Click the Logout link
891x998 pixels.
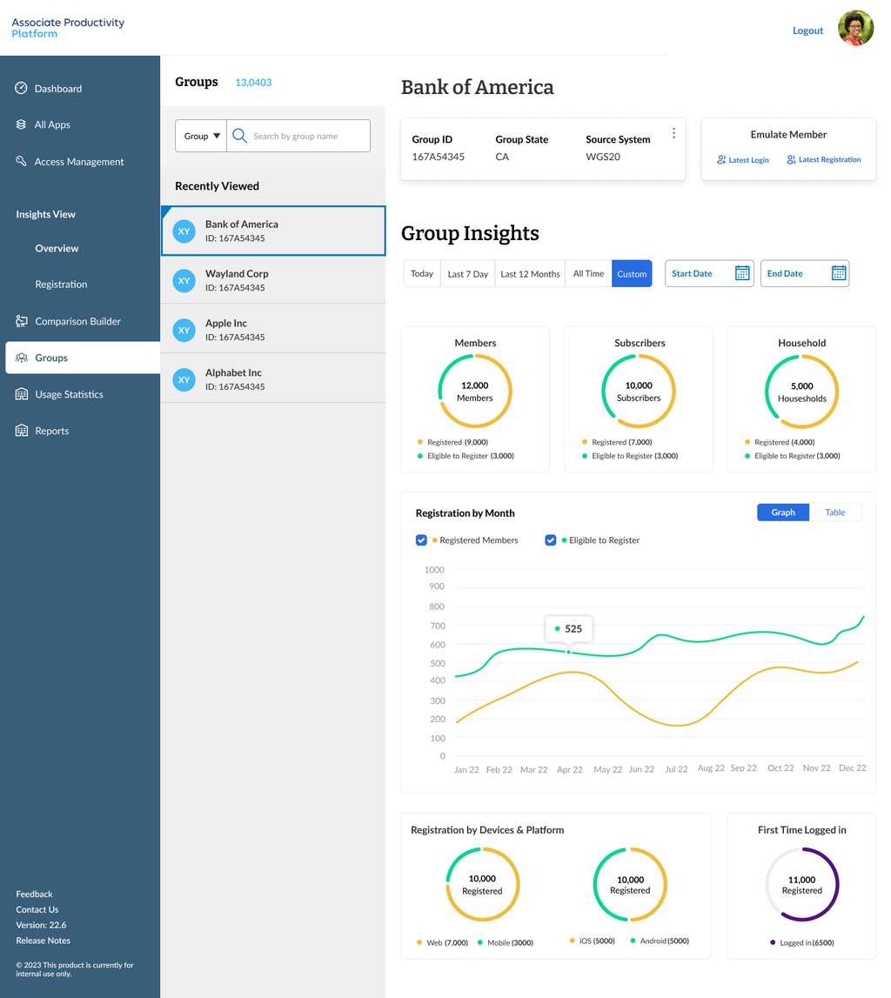[807, 30]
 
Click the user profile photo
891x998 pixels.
[855, 29]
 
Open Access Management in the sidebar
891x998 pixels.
[78, 162]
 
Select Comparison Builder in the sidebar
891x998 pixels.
[77, 321]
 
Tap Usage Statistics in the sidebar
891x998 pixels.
[69, 394]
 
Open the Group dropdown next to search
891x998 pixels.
[201, 137]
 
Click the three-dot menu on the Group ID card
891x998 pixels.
[673, 133]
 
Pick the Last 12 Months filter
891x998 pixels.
[530, 274]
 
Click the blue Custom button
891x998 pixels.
[632, 274]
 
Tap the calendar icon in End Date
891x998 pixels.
[839, 273]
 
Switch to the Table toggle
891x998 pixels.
[835, 512]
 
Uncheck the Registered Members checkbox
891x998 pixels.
[421, 540]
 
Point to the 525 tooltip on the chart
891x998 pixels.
[567, 628]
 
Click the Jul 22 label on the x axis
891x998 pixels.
[676, 769]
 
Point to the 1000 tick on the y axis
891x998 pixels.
[434, 570]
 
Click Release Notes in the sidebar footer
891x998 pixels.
[43, 941]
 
